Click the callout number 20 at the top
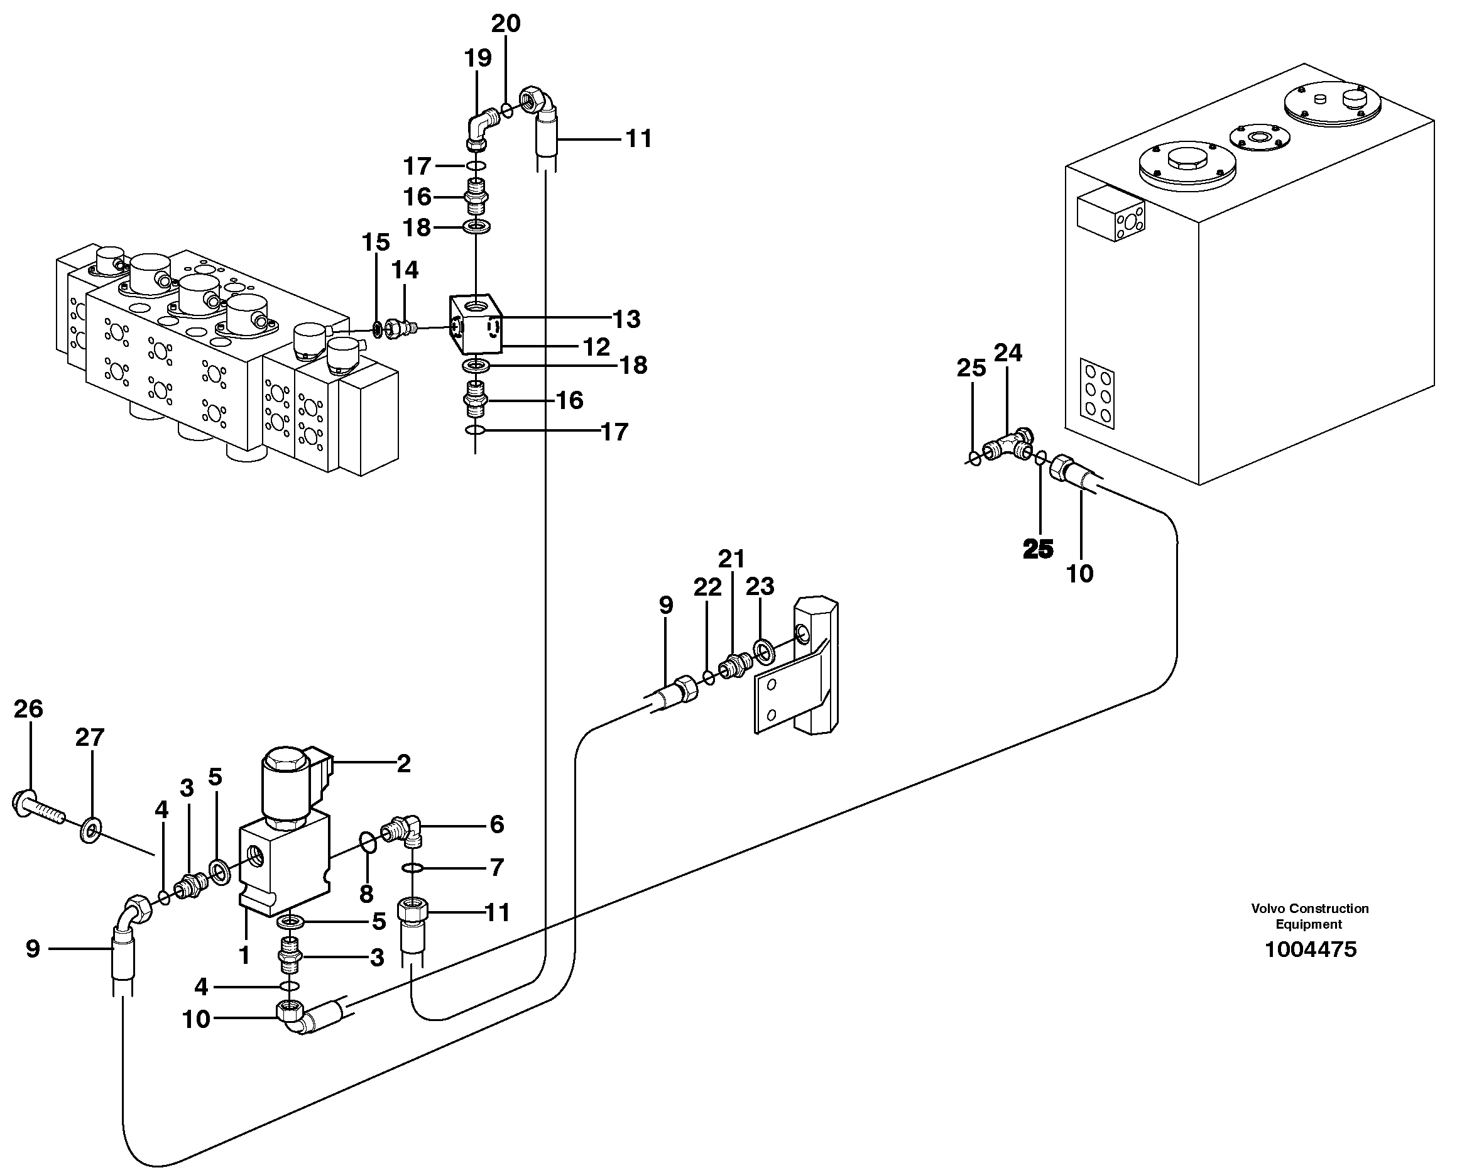click(x=506, y=24)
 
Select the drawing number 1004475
click(x=1310, y=949)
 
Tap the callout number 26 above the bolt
click(x=28, y=709)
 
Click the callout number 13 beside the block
click(x=626, y=319)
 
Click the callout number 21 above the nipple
click(x=731, y=559)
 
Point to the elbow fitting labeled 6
click(x=404, y=831)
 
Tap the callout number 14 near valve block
click(x=405, y=270)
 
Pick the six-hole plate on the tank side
click(x=1097, y=393)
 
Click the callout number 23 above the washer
click(x=760, y=586)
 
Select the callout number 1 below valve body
click(x=244, y=955)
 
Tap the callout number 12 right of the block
click(x=596, y=347)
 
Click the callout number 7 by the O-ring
click(x=496, y=867)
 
